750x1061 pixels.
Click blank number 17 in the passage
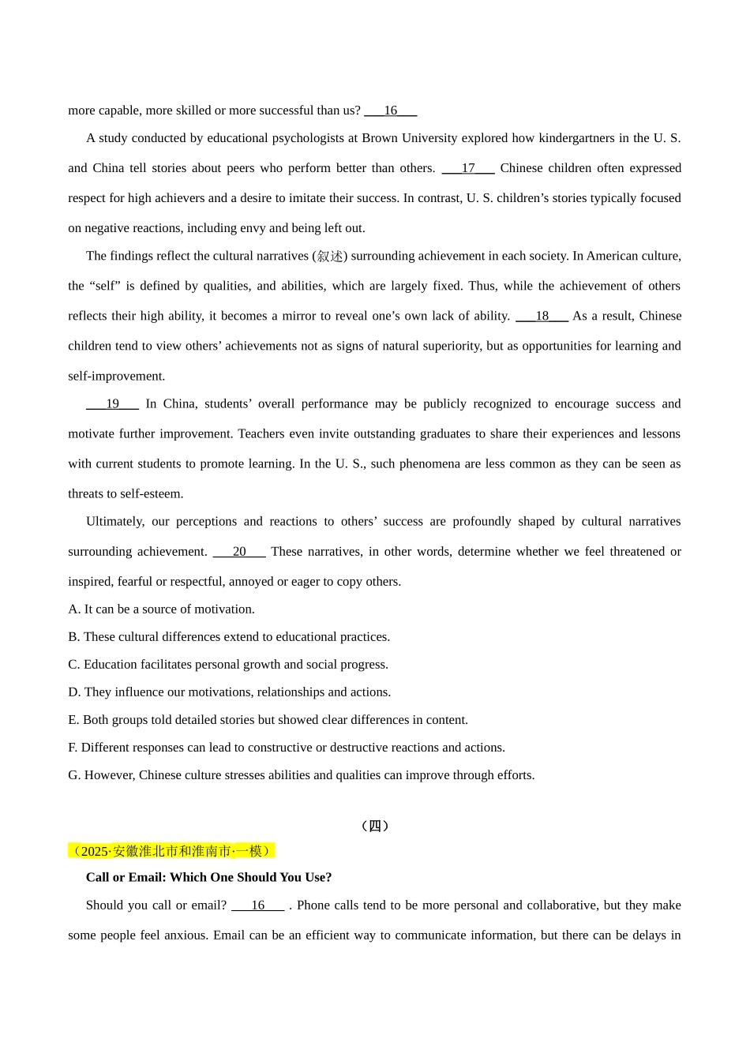468,168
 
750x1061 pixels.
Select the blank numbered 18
542,316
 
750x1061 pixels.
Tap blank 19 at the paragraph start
112,404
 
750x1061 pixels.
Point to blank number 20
239,552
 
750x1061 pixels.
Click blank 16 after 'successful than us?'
390,111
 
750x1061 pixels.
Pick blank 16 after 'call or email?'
257,905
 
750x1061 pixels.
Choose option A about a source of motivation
161,609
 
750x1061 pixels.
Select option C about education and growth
228,665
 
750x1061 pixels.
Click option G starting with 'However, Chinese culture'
301,775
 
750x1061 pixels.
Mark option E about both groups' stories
268,720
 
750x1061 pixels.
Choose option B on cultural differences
229,637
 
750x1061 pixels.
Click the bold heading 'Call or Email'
208,878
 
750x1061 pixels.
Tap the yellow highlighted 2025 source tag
171,851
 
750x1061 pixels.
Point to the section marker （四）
375,826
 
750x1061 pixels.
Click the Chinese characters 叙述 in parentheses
330,257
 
